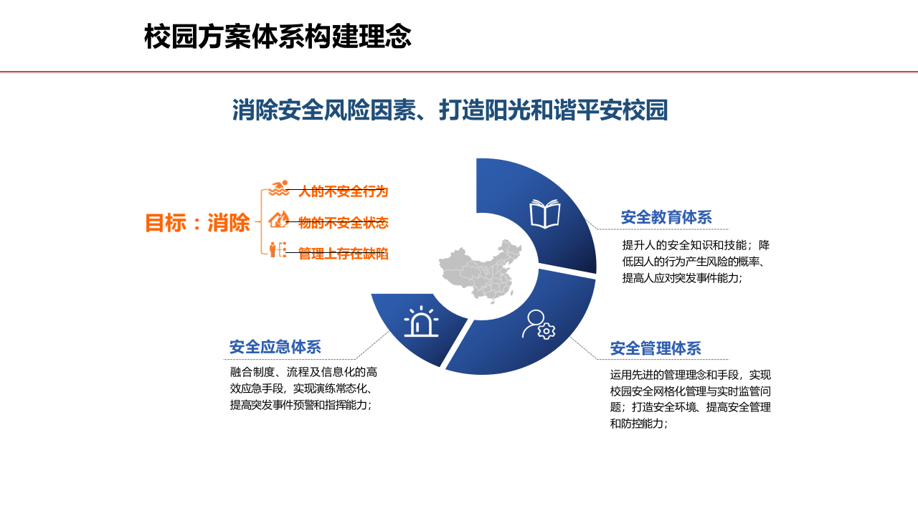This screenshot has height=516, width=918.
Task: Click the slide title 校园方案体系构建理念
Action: coord(278,37)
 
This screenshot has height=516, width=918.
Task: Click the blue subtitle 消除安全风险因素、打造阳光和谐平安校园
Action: coord(450,110)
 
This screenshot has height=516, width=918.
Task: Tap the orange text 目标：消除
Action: coord(197,223)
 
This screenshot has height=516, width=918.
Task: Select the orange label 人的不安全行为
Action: coord(344,191)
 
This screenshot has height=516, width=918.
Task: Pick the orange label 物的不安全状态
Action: coord(344,223)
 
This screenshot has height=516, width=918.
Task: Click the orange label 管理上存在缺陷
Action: coord(344,253)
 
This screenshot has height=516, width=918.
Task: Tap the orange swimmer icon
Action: coord(278,189)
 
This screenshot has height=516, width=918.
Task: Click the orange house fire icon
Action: coord(278,219)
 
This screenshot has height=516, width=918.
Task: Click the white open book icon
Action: coord(544,214)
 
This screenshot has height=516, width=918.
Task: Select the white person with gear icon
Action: coord(538,324)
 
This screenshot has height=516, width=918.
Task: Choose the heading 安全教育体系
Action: coord(666,217)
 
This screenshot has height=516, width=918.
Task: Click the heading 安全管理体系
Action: coord(656,348)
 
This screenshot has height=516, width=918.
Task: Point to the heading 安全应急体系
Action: coord(275,347)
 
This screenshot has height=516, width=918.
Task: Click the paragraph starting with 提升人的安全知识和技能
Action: coord(696,262)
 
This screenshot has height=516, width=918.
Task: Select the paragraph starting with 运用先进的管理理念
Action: coord(690,398)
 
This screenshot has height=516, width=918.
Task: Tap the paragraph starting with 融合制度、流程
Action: coord(303,388)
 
